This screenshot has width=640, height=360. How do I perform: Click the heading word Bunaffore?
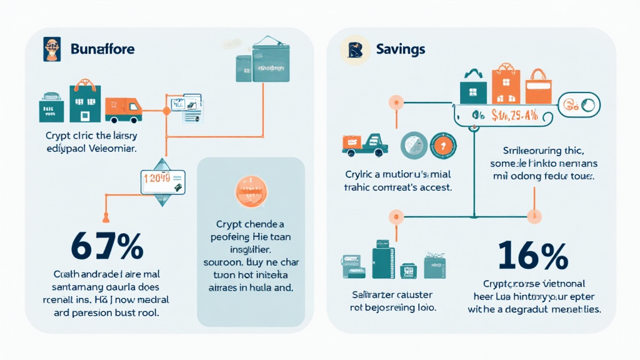point(102,48)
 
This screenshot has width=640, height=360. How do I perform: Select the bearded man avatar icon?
point(52,49)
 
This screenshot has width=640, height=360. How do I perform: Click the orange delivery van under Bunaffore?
point(123,110)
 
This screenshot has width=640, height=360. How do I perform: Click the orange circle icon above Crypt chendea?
point(250,191)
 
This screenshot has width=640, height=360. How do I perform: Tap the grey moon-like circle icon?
point(413,145)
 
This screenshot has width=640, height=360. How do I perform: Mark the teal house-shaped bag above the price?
point(473,87)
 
